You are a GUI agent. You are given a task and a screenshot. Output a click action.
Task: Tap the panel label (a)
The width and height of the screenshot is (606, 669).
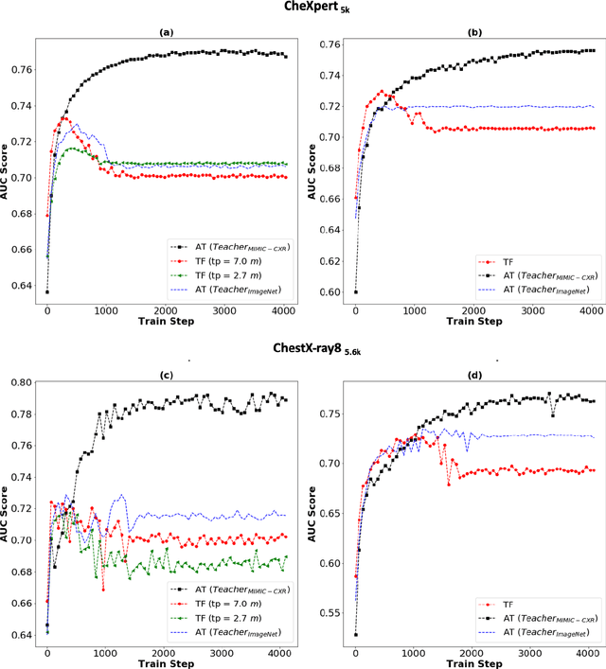click(167, 30)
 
